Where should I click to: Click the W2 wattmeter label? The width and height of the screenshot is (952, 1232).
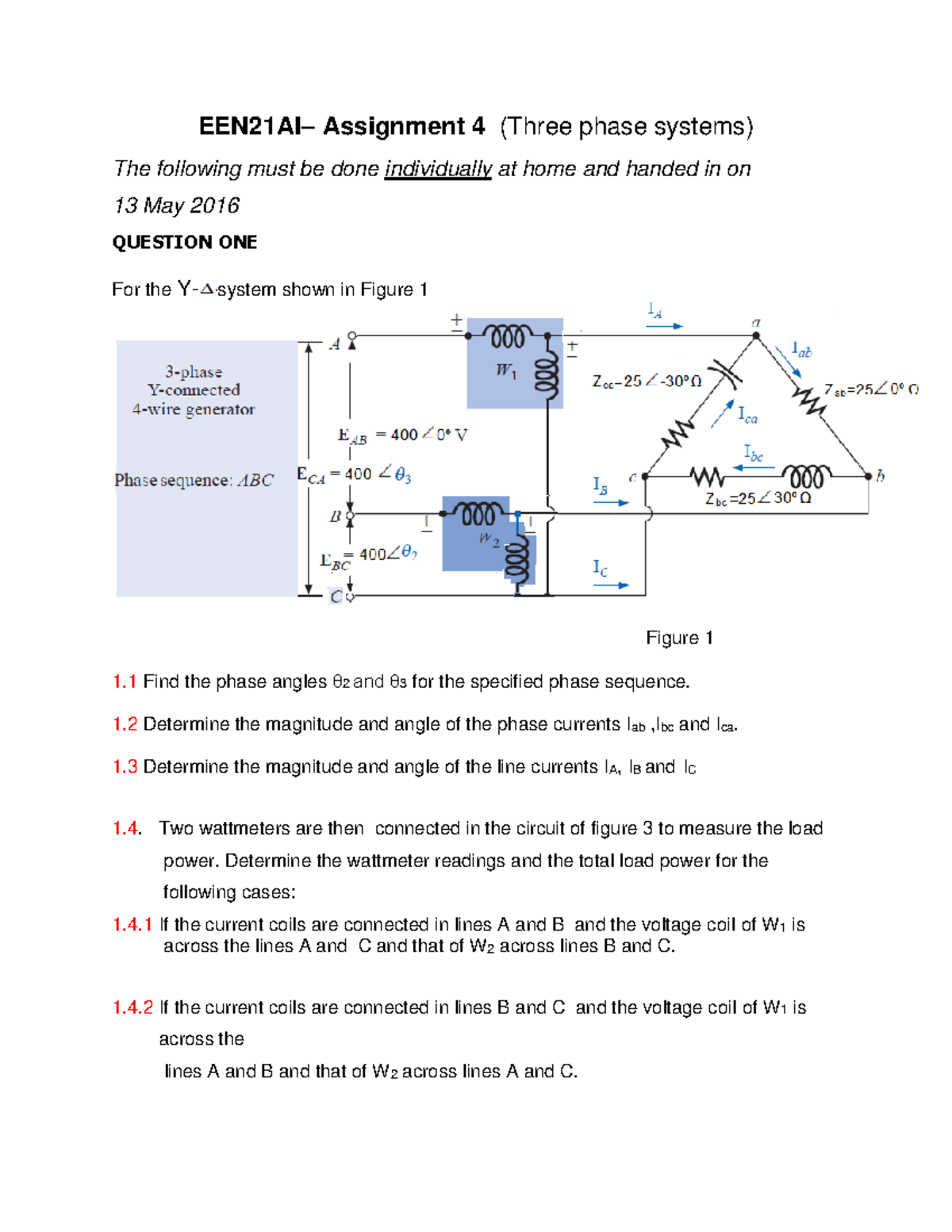(489, 540)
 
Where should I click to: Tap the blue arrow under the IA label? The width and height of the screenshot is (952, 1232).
(664, 326)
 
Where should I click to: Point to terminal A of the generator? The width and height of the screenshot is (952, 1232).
(352, 336)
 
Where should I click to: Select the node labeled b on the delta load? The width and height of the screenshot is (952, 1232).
(869, 476)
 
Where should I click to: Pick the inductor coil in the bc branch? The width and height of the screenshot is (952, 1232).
(808, 476)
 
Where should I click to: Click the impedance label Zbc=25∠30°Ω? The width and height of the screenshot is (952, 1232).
(758, 498)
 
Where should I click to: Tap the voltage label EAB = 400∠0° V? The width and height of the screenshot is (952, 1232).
(402, 435)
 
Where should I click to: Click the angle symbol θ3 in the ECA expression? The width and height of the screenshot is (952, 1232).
(403, 475)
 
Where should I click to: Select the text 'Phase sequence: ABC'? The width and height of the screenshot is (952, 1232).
(194, 480)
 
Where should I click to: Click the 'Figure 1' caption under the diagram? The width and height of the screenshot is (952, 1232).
(679, 638)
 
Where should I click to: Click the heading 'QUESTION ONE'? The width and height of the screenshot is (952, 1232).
(184, 242)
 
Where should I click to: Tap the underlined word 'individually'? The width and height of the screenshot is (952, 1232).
(438, 169)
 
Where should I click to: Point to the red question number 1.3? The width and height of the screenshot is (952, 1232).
(125, 767)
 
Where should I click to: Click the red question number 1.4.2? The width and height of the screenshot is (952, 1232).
(132, 1007)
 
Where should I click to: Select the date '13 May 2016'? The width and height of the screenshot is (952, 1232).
(176, 205)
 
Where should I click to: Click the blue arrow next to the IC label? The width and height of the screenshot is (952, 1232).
(611, 585)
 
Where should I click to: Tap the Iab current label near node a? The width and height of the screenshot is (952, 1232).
(802, 349)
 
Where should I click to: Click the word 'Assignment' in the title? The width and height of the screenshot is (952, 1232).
(393, 127)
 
